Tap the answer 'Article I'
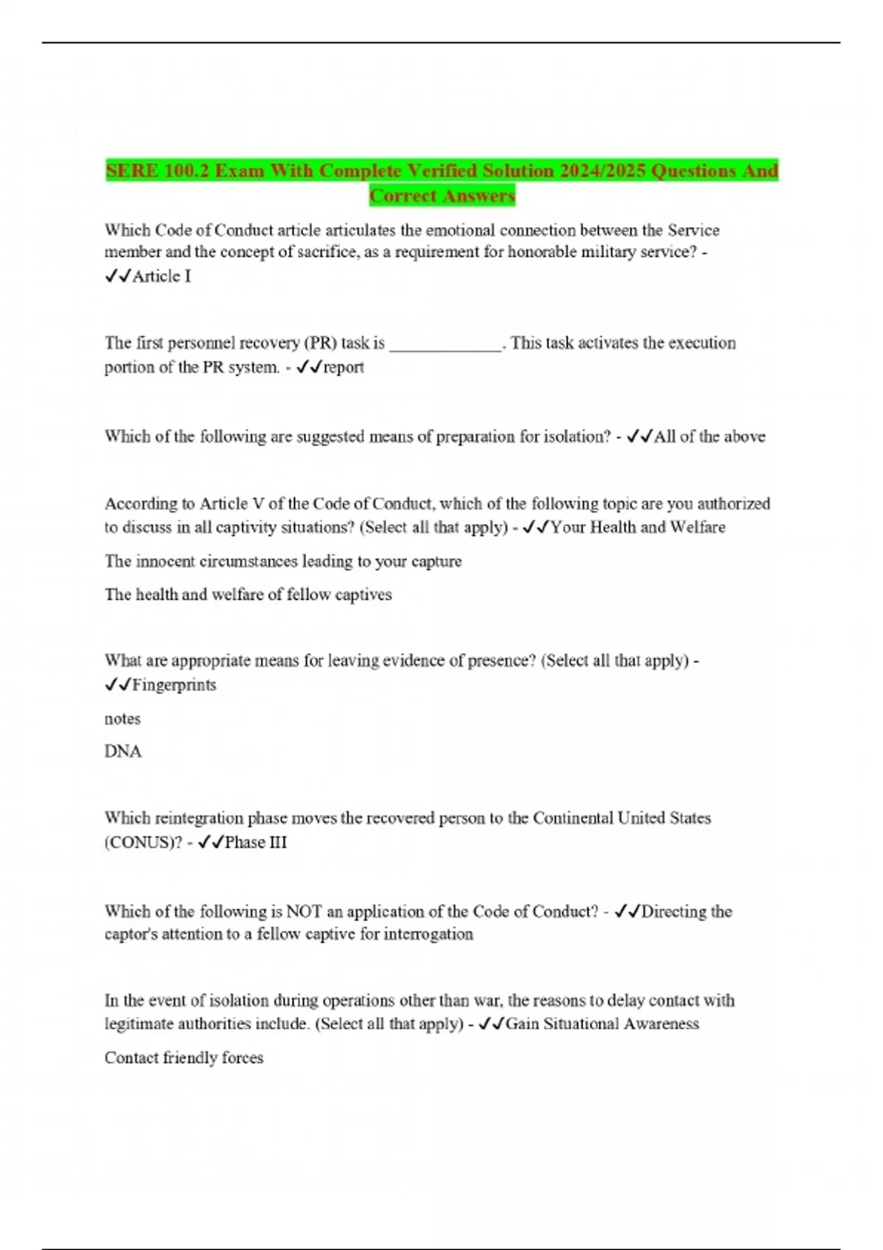[x=161, y=276]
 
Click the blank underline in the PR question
[x=444, y=345]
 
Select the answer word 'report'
[x=344, y=367]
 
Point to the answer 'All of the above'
[x=709, y=437]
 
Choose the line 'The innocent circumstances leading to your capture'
[x=283, y=562]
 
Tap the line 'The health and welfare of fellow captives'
[x=248, y=595]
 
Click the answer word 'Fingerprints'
[x=174, y=685]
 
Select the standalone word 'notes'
[x=122, y=719]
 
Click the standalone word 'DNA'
[x=123, y=751]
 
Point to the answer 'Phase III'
[x=255, y=843]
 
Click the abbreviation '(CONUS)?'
[x=143, y=843]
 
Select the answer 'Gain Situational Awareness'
[x=603, y=1024]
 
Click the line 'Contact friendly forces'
[x=184, y=1058]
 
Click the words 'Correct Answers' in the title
[x=442, y=196]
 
